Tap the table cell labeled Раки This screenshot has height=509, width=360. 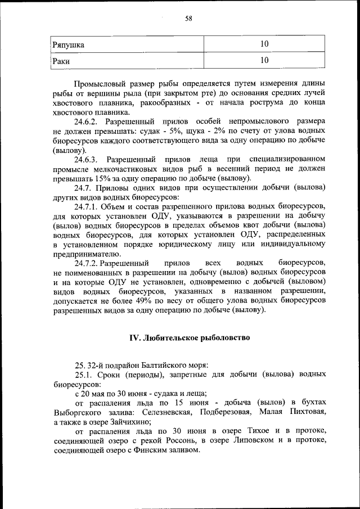pos(61,60)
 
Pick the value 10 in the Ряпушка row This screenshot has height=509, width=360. pos(264,44)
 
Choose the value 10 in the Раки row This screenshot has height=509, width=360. pos(264,60)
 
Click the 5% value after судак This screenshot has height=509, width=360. pos(147,131)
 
